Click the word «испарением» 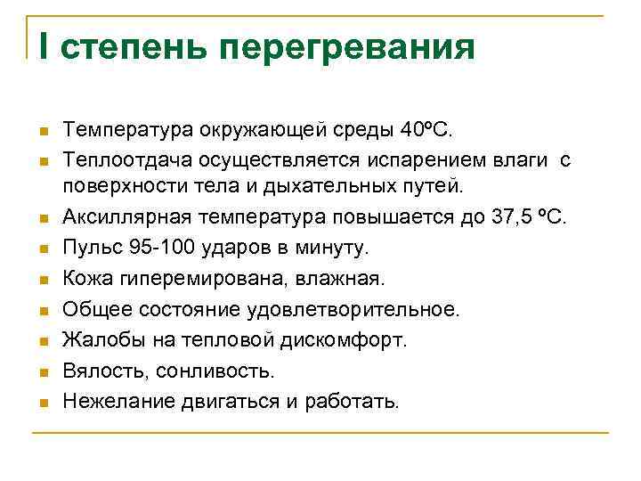coord(413,160)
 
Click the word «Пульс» coord(90,247)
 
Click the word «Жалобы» coord(99,339)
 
